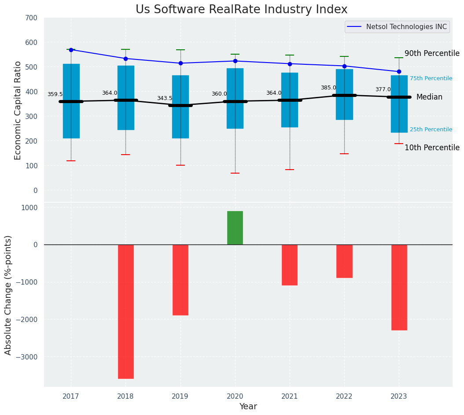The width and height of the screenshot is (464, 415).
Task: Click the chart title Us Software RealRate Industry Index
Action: coord(241,10)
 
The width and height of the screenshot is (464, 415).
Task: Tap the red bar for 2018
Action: coord(125,311)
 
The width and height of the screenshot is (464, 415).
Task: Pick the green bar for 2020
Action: coord(235,228)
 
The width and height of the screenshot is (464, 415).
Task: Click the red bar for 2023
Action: coord(399,287)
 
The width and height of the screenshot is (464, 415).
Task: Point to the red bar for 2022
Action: coord(344,261)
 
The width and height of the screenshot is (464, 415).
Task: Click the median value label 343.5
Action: coord(165,98)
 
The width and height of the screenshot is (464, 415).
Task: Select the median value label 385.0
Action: coord(328,88)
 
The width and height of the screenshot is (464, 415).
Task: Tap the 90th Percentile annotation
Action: coord(432,53)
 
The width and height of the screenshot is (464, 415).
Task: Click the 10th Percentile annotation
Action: coord(432,148)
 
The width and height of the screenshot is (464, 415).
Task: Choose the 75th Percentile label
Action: coord(431,78)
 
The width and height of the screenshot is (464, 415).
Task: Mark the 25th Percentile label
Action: coord(431,130)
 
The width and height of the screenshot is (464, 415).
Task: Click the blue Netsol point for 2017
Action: coord(71,50)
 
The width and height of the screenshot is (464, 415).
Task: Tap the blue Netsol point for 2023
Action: coord(399,71)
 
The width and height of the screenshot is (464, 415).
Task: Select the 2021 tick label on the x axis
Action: coord(290,396)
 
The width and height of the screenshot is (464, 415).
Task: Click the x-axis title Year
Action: coord(248,407)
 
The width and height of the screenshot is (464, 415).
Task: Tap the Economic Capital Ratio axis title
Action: coord(18,110)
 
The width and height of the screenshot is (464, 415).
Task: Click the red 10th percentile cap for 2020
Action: coord(235,173)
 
